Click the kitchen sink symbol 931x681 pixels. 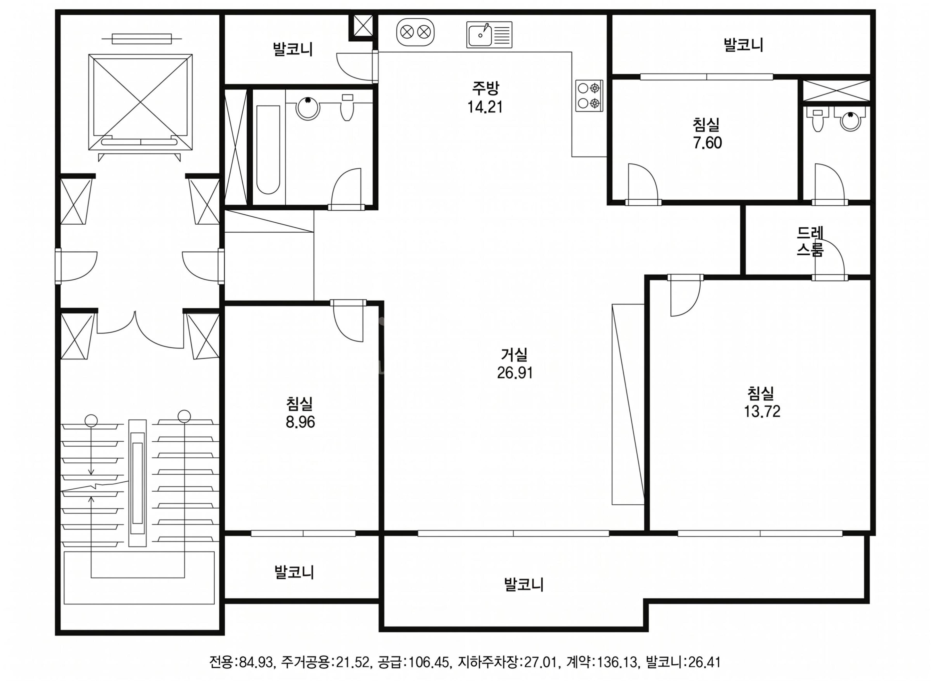click(489, 35)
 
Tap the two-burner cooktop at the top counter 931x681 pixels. click(415, 32)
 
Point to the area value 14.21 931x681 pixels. click(485, 107)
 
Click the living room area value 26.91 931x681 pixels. click(515, 373)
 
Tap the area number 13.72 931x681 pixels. click(762, 411)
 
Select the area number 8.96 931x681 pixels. click(300, 422)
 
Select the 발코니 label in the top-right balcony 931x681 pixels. click(743, 45)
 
